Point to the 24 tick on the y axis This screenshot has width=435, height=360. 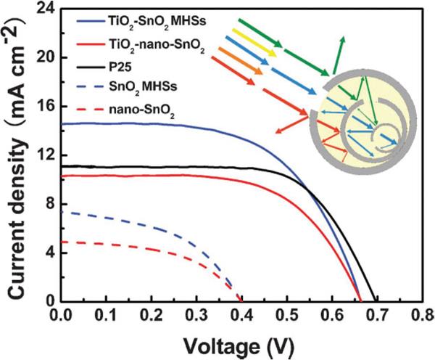45,9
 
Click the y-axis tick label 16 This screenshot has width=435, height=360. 45,106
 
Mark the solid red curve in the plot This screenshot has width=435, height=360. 181,176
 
